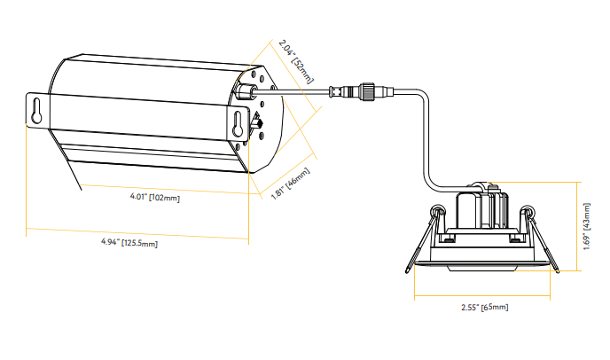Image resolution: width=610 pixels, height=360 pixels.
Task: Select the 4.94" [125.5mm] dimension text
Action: (x=129, y=241)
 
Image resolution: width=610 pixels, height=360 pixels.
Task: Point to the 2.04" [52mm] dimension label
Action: (x=295, y=60)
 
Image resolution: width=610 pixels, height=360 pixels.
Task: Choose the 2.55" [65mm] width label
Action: (x=484, y=307)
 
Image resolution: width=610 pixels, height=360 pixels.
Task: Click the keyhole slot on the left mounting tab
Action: (x=36, y=110)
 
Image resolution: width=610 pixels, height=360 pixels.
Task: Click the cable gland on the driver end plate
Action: (x=246, y=91)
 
